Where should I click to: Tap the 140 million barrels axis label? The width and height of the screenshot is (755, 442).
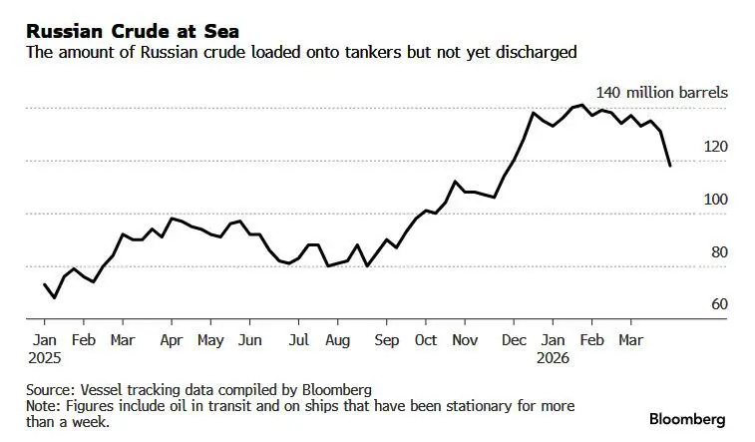pos(661,93)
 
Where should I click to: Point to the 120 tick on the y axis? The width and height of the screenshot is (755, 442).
pos(716,147)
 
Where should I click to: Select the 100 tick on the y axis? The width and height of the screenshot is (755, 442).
pos(716,200)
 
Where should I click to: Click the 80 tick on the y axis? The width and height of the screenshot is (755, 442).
pos(718,252)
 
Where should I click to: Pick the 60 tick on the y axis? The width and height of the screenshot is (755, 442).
pos(718,304)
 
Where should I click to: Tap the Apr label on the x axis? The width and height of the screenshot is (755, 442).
pos(172,340)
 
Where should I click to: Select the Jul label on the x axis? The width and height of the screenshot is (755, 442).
pos(298,340)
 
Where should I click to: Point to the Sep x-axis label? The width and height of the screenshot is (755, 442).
pos(387,340)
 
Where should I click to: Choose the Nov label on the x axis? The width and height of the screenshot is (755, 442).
pos(465,340)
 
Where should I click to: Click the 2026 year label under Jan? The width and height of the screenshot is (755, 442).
pos(555,356)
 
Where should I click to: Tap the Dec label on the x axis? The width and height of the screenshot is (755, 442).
pos(514,340)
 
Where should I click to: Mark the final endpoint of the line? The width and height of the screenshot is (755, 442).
pos(669,166)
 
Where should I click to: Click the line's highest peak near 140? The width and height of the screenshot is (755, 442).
pos(580,105)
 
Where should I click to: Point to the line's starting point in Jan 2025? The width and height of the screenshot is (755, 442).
pos(45,284)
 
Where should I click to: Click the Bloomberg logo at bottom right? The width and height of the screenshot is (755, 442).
pos(687,418)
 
